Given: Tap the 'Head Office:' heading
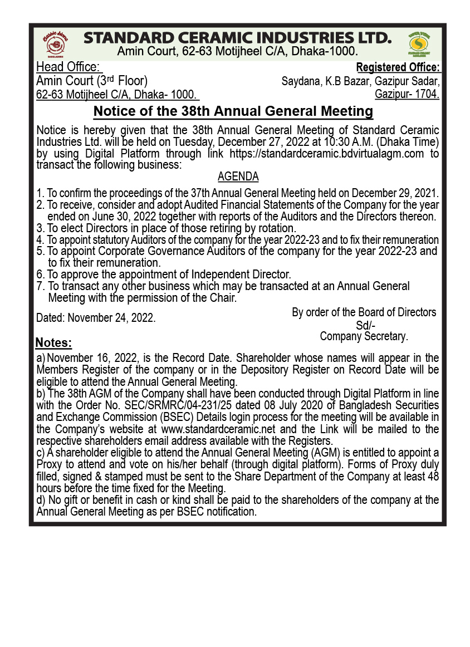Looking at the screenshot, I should coord(68,67).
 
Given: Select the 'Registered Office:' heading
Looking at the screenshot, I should coord(398,68).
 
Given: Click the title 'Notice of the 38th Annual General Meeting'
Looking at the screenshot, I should coord(233,111).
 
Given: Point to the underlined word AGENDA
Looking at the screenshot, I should coord(238,177).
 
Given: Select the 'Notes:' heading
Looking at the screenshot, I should coord(53,342).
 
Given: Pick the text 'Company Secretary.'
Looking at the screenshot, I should coord(364,336).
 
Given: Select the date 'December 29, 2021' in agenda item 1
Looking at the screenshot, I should coord(395,193).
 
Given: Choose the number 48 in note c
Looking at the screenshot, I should coord(433,476).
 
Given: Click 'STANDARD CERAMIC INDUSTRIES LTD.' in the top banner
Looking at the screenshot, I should coord(237,38).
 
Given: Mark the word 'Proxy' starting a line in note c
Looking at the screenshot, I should coord(49,464).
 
